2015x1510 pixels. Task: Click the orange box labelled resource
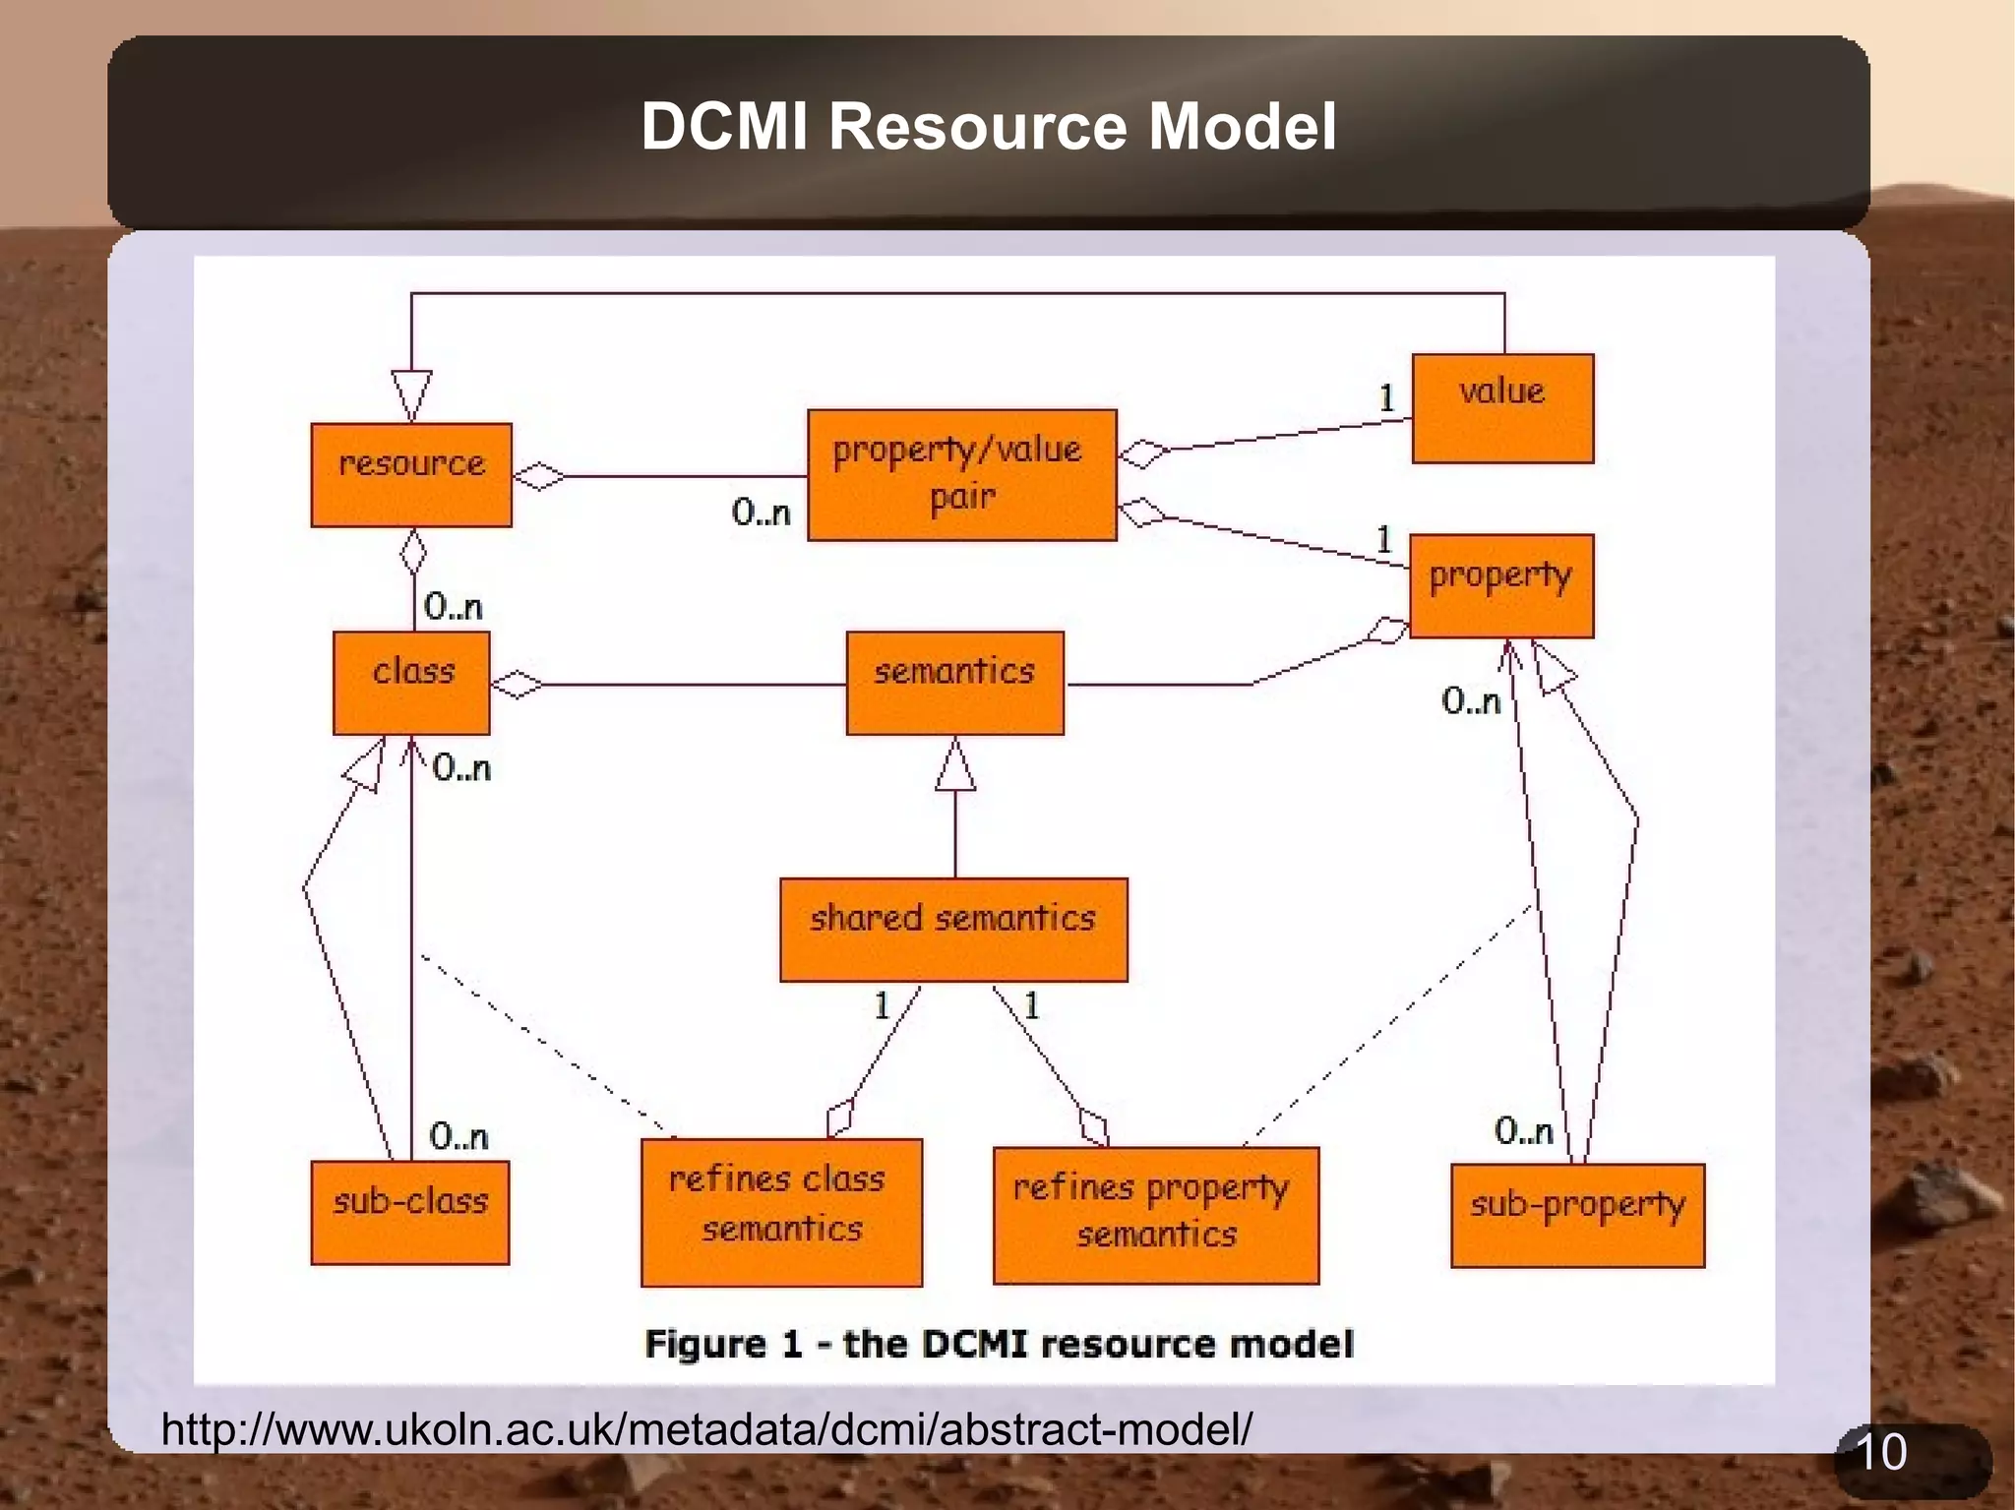[411, 474]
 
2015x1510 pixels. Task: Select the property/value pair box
[961, 475]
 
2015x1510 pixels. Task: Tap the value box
[1502, 407]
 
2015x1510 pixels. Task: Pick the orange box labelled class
[411, 683]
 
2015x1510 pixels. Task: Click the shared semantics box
[953, 929]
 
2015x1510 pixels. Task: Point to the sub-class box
[410, 1212]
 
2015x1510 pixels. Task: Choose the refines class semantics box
[781, 1212]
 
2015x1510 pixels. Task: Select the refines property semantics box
[1156, 1215]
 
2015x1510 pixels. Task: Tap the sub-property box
[1577, 1215]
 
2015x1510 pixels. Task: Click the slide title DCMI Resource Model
[988, 127]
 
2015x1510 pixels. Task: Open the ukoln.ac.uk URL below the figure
[706, 1428]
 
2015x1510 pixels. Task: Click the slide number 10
[1880, 1452]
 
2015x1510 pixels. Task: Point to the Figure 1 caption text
[999, 1344]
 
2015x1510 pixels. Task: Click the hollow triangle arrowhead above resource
[411, 393]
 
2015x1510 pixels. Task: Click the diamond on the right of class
[517, 684]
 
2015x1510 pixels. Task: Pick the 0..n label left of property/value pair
[761, 512]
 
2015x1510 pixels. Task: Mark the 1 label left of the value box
[1386, 397]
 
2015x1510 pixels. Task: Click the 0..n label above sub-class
[458, 1136]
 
